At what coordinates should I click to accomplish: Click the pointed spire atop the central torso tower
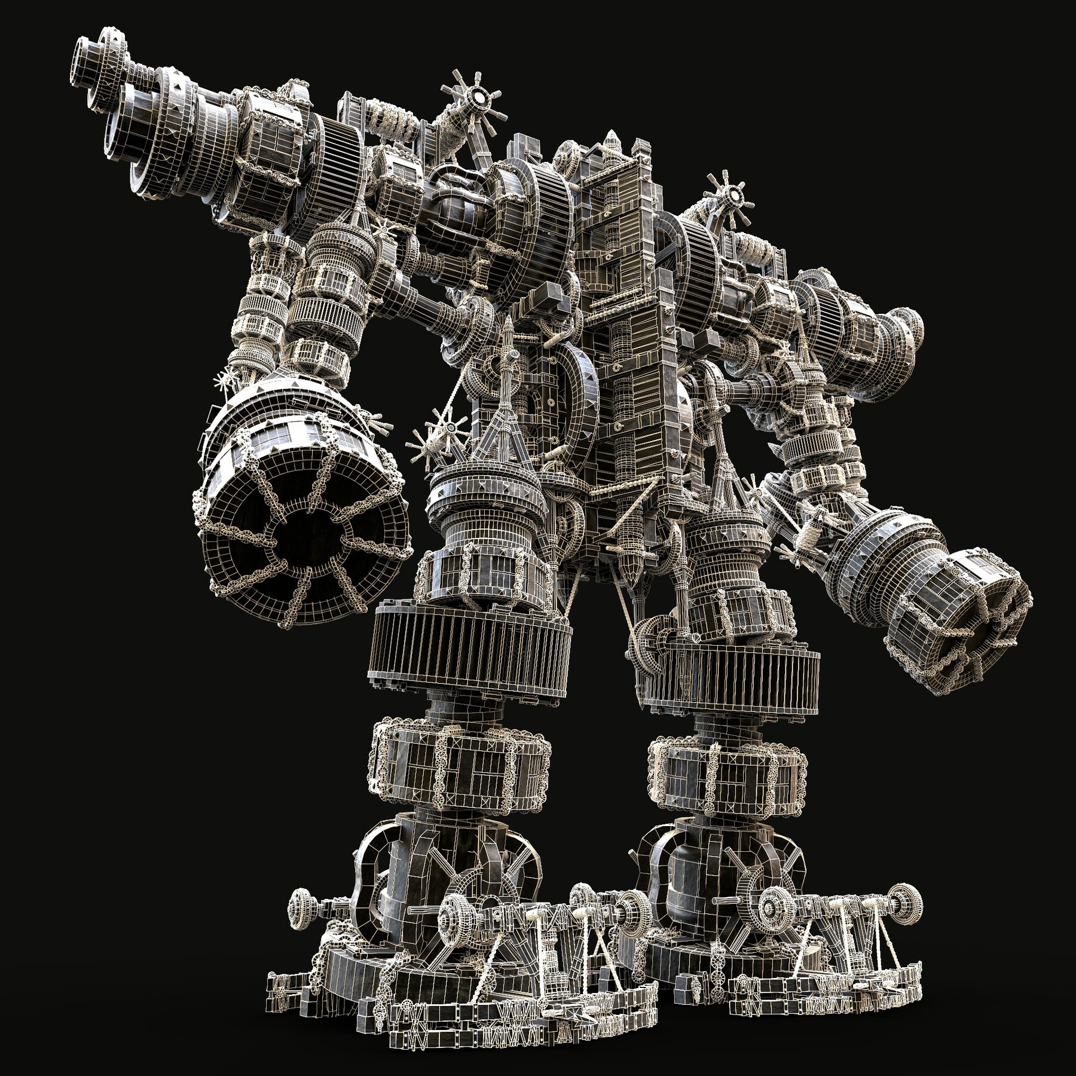click(x=611, y=142)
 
